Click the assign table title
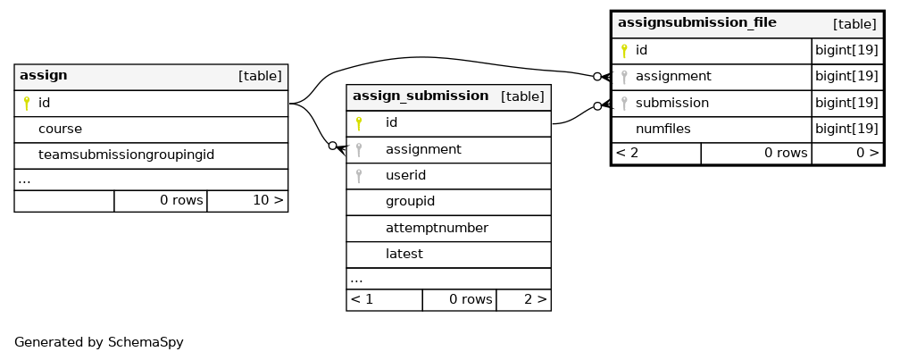point(44,75)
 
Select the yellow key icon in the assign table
point(27,104)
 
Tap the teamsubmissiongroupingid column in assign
point(126,155)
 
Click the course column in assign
point(61,130)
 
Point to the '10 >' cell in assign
point(268,200)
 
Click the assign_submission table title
point(421,96)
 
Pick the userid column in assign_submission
point(405,175)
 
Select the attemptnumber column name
point(437,228)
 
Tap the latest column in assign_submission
point(404,254)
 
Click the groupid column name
point(410,202)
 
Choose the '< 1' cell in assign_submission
point(362,299)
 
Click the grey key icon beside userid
point(359,176)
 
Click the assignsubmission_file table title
point(696,22)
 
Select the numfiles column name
point(662,130)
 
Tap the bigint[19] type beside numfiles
point(847,130)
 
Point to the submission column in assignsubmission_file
point(672,103)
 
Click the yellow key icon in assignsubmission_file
point(624,51)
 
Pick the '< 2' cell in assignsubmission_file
point(627,153)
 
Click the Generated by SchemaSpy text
point(99,343)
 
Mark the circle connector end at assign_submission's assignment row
point(332,146)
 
